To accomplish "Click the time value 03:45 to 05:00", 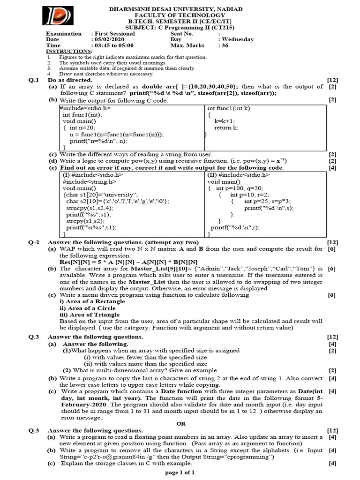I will tap(114, 45).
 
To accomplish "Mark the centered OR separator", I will tap(181, 423).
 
